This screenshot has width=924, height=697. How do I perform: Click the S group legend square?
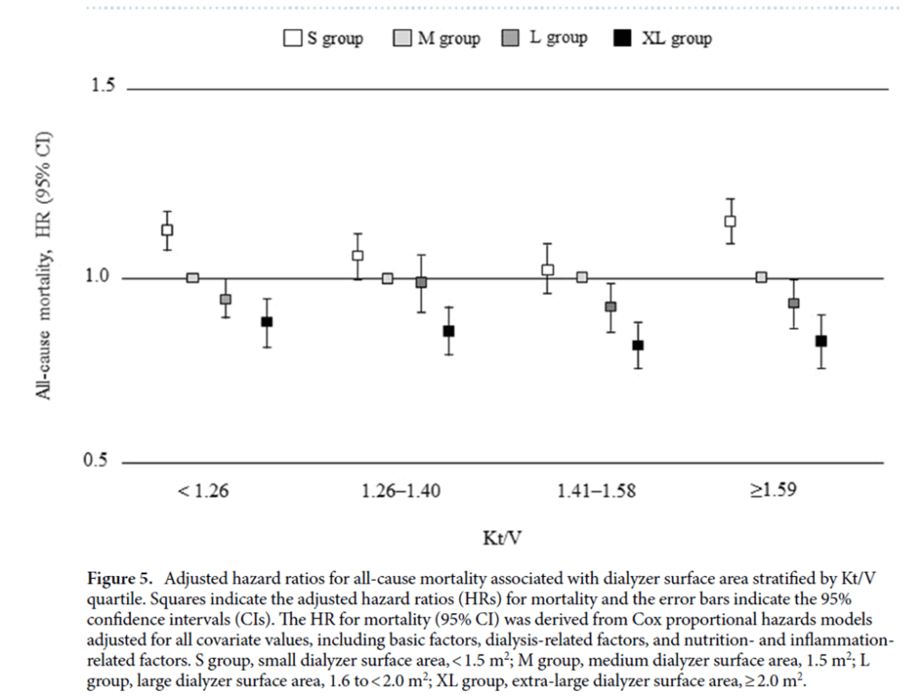point(291,39)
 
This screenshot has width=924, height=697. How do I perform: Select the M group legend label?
point(448,39)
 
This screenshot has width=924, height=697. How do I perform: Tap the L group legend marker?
point(512,39)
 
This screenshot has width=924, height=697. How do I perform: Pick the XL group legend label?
point(676,39)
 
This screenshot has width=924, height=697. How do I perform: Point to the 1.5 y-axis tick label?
point(104,87)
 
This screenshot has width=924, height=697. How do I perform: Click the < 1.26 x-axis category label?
point(204,491)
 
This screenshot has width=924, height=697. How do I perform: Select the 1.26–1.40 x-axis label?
point(402,491)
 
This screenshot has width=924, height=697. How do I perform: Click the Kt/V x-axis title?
point(502,538)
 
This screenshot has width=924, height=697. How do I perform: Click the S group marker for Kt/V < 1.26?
point(167,229)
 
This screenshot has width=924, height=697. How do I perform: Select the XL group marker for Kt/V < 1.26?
point(266,322)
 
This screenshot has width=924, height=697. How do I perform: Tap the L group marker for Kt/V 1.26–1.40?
point(420,282)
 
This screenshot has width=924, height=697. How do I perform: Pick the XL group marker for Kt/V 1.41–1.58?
point(638,345)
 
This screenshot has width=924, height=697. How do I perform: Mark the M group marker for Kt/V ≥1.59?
point(761,277)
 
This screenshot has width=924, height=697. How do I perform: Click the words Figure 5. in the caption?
point(122,578)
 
